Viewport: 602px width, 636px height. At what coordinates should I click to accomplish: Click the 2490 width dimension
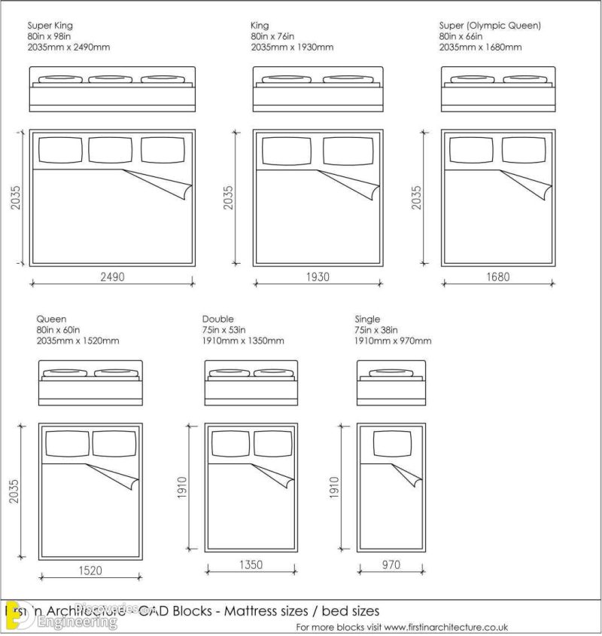pos(112,277)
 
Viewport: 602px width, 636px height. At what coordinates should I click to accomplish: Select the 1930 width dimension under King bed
pos(318,277)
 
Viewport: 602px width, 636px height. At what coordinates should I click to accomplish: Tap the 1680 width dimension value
pos(497,277)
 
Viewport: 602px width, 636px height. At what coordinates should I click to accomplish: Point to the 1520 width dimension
pos(90,570)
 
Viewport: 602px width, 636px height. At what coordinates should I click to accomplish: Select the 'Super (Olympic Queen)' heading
pos(490,26)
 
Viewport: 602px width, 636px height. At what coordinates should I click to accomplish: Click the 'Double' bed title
pos(217,320)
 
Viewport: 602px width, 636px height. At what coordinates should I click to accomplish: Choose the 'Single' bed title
pos(367,320)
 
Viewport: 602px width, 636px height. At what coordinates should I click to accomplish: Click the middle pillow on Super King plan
pos(111,149)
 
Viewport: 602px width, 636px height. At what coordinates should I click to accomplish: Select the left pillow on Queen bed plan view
pos(67,443)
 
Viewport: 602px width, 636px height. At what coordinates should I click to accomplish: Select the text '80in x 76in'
pos(273,36)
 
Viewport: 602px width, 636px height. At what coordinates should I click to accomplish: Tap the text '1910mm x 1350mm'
pos(243,341)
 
